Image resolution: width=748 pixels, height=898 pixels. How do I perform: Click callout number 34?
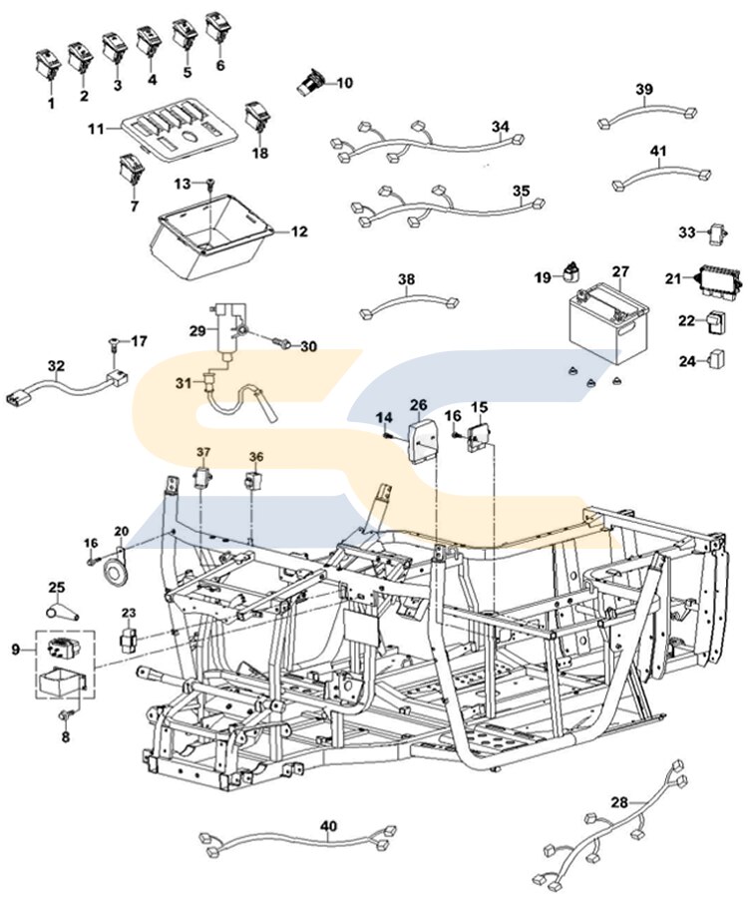pyautogui.click(x=500, y=127)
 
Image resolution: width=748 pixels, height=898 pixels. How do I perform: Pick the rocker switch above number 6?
pyautogui.click(x=218, y=27)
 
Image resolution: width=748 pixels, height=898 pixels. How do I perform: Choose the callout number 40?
pyautogui.click(x=329, y=826)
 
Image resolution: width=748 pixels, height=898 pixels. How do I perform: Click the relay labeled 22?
pyautogui.click(x=716, y=321)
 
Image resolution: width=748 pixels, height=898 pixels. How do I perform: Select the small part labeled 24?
pyautogui.click(x=716, y=358)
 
